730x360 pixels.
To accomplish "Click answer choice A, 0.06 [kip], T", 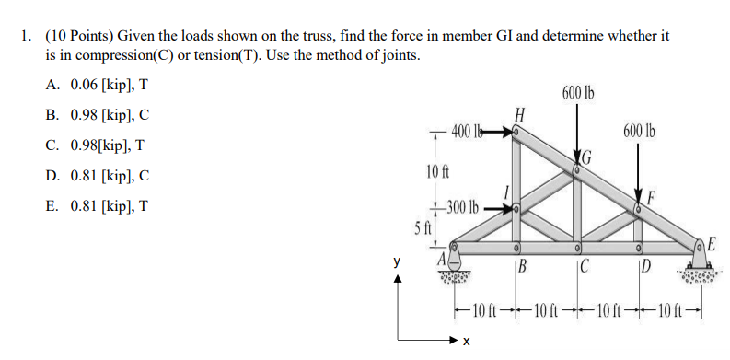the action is pos(96,85).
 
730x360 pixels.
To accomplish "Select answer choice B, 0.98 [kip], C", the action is pos(96,115).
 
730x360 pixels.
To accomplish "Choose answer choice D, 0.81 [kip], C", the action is pos(96,175).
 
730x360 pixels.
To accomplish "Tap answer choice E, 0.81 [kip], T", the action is pos(96,205).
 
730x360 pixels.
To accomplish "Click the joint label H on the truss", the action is pos(520,116).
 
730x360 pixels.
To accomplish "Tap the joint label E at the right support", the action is pos(713,243).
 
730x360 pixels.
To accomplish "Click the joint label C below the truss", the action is pos(584,269).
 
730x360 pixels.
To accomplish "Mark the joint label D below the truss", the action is pos(646,269).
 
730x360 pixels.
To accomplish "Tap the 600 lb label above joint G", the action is pos(577,93).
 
